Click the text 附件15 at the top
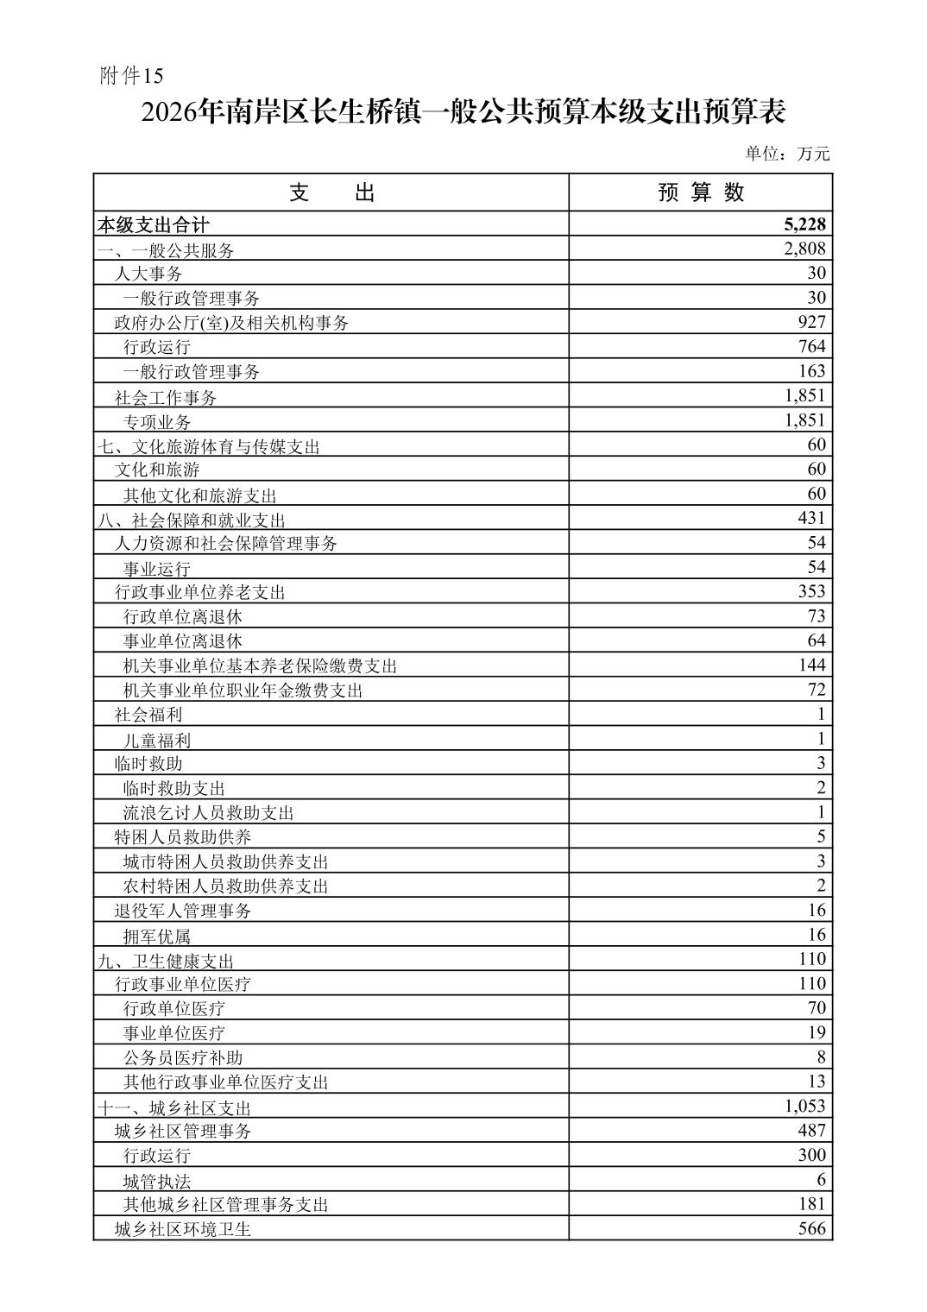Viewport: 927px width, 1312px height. point(131,77)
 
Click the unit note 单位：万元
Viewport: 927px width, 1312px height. point(787,155)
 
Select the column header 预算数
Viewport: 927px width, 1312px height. point(700,192)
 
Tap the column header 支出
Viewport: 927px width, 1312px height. point(331,192)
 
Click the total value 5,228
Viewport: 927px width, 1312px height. point(804,224)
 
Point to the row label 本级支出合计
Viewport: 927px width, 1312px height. point(153,225)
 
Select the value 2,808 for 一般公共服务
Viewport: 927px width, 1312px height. point(804,249)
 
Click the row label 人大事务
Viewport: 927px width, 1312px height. point(148,274)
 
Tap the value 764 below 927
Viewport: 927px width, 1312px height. point(811,347)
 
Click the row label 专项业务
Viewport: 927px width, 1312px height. point(157,422)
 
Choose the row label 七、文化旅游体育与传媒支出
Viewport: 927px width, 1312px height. point(208,446)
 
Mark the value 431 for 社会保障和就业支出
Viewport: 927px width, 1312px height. point(811,518)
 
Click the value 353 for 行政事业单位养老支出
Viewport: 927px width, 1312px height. point(811,591)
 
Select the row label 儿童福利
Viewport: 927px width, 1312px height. point(157,740)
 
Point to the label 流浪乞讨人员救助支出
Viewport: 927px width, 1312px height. point(208,813)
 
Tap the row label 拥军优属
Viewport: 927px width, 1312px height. point(157,936)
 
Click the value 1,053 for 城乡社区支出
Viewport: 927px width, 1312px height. point(804,1107)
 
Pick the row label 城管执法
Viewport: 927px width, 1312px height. point(157,1181)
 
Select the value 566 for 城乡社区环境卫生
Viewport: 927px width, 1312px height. point(811,1229)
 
